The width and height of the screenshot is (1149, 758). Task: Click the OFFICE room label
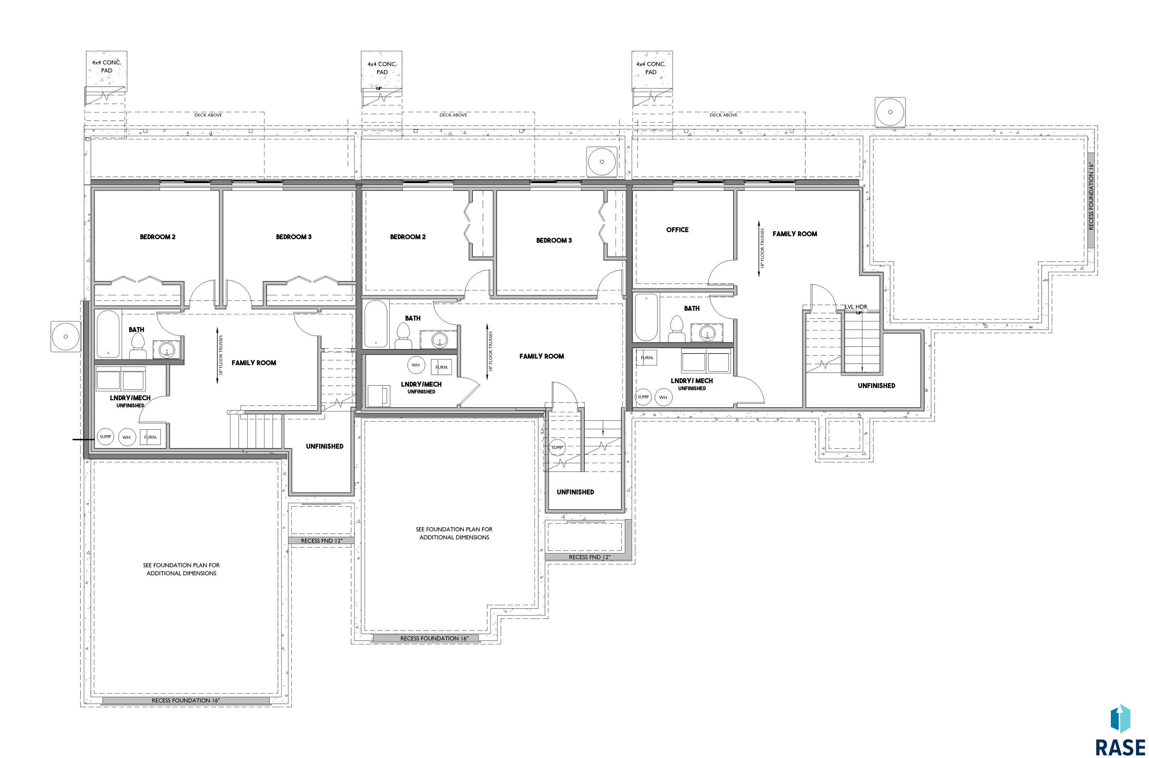(677, 229)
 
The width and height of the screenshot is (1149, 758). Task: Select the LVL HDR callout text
(856, 306)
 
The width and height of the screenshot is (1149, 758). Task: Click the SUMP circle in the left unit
(105, 437)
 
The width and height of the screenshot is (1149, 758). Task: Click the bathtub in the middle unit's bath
(376, 324)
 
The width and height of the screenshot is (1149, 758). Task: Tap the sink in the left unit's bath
(167, 349)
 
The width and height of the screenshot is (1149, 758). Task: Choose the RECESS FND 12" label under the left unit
(322, 540)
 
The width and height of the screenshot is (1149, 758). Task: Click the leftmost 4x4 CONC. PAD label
(107, 66)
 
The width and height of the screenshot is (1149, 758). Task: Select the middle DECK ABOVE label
(453, 115)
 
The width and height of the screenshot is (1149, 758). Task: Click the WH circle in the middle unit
(416, 365)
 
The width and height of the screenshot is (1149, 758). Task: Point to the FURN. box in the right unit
(647, 358)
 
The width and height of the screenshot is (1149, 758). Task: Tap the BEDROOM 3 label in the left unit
(294, 237)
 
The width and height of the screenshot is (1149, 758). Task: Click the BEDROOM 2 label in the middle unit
(408, 237)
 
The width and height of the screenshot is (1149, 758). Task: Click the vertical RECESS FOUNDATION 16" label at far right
(1090, 195)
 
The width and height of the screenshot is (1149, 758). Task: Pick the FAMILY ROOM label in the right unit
(794, 234)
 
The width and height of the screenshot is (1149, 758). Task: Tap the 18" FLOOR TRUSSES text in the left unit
(221, 356)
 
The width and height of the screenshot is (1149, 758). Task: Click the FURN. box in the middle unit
(441, 367)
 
